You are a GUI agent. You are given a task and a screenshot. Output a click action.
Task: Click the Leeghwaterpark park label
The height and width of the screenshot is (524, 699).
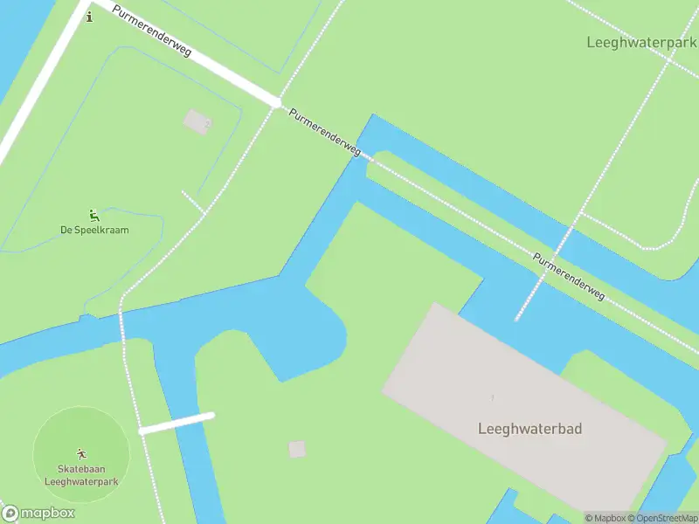click(x=641, y=42)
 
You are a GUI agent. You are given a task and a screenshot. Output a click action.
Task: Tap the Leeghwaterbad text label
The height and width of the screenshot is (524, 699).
click(x=529, y=429)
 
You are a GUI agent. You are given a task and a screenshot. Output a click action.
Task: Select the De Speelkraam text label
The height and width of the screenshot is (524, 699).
click(x=94, y=231)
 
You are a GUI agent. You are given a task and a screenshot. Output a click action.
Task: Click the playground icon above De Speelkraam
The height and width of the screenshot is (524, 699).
click(x=93, y=215)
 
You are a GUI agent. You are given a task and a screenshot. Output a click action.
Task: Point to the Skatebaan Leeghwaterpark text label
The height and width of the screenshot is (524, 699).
click(x=81, y=475)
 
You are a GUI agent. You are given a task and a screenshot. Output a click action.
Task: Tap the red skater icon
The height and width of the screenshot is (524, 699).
click(x=81, y=453)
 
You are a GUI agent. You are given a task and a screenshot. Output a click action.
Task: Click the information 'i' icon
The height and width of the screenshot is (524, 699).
click(x=88, y=17)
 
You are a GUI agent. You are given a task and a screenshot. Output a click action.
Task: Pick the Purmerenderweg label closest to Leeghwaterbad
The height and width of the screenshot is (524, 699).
click(x=569, y=278)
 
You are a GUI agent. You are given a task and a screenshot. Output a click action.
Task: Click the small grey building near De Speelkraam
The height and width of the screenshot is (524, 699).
click(x=197, y=121)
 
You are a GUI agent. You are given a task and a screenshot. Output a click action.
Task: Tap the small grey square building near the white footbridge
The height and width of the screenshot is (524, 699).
click(x=297, y=449)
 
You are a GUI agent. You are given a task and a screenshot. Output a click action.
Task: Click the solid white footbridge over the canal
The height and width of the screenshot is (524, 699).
click(x=176, y=423)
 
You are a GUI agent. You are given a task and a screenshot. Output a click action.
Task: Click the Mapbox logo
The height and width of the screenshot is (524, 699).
click(x=38, y=514)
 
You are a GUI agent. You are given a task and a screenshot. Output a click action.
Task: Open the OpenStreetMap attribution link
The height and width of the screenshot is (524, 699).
click(x=666, y=518)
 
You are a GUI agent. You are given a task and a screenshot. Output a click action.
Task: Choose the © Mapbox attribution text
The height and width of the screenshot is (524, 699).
click(x=607, y=518)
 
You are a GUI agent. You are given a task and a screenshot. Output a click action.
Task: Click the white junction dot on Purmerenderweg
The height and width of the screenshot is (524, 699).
click(x=276, y=103)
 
